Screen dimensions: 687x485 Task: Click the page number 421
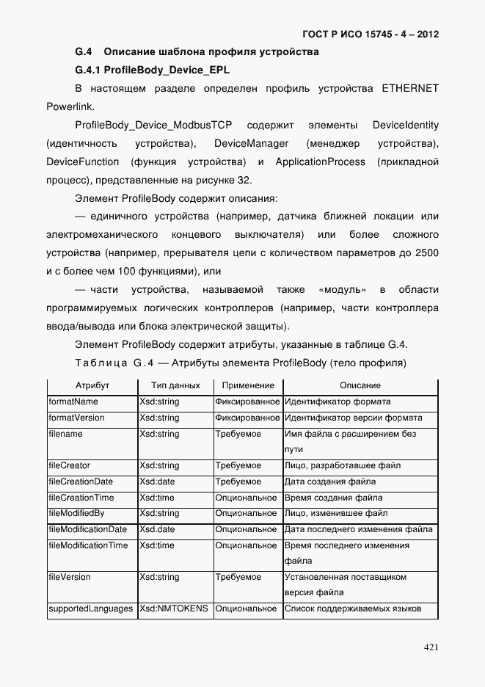click(x=431, y=647)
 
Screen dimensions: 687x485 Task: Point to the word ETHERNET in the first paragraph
click(x=409, y=89)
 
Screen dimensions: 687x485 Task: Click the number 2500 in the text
click(x=426, y=252)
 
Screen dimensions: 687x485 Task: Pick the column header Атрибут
click(x=92, y=385)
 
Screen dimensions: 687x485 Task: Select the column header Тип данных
click(x=175, y=385)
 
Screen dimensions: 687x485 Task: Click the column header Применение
click(x=248, y=385)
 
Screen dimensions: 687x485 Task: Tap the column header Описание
click(x=360, y=385)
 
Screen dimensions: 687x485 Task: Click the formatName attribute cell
click(x=73, y=402)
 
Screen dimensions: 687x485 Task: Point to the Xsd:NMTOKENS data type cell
click(x=174, y=609)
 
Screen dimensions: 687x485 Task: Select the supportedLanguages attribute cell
click(x=91, y=609)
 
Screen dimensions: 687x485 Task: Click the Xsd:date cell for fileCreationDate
click(x=158, y=482)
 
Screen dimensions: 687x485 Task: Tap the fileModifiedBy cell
click(x=76, y=514)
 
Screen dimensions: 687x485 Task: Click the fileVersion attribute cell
click(x=70, y=578)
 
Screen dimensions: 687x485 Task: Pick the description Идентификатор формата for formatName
click(x=338, y=402)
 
